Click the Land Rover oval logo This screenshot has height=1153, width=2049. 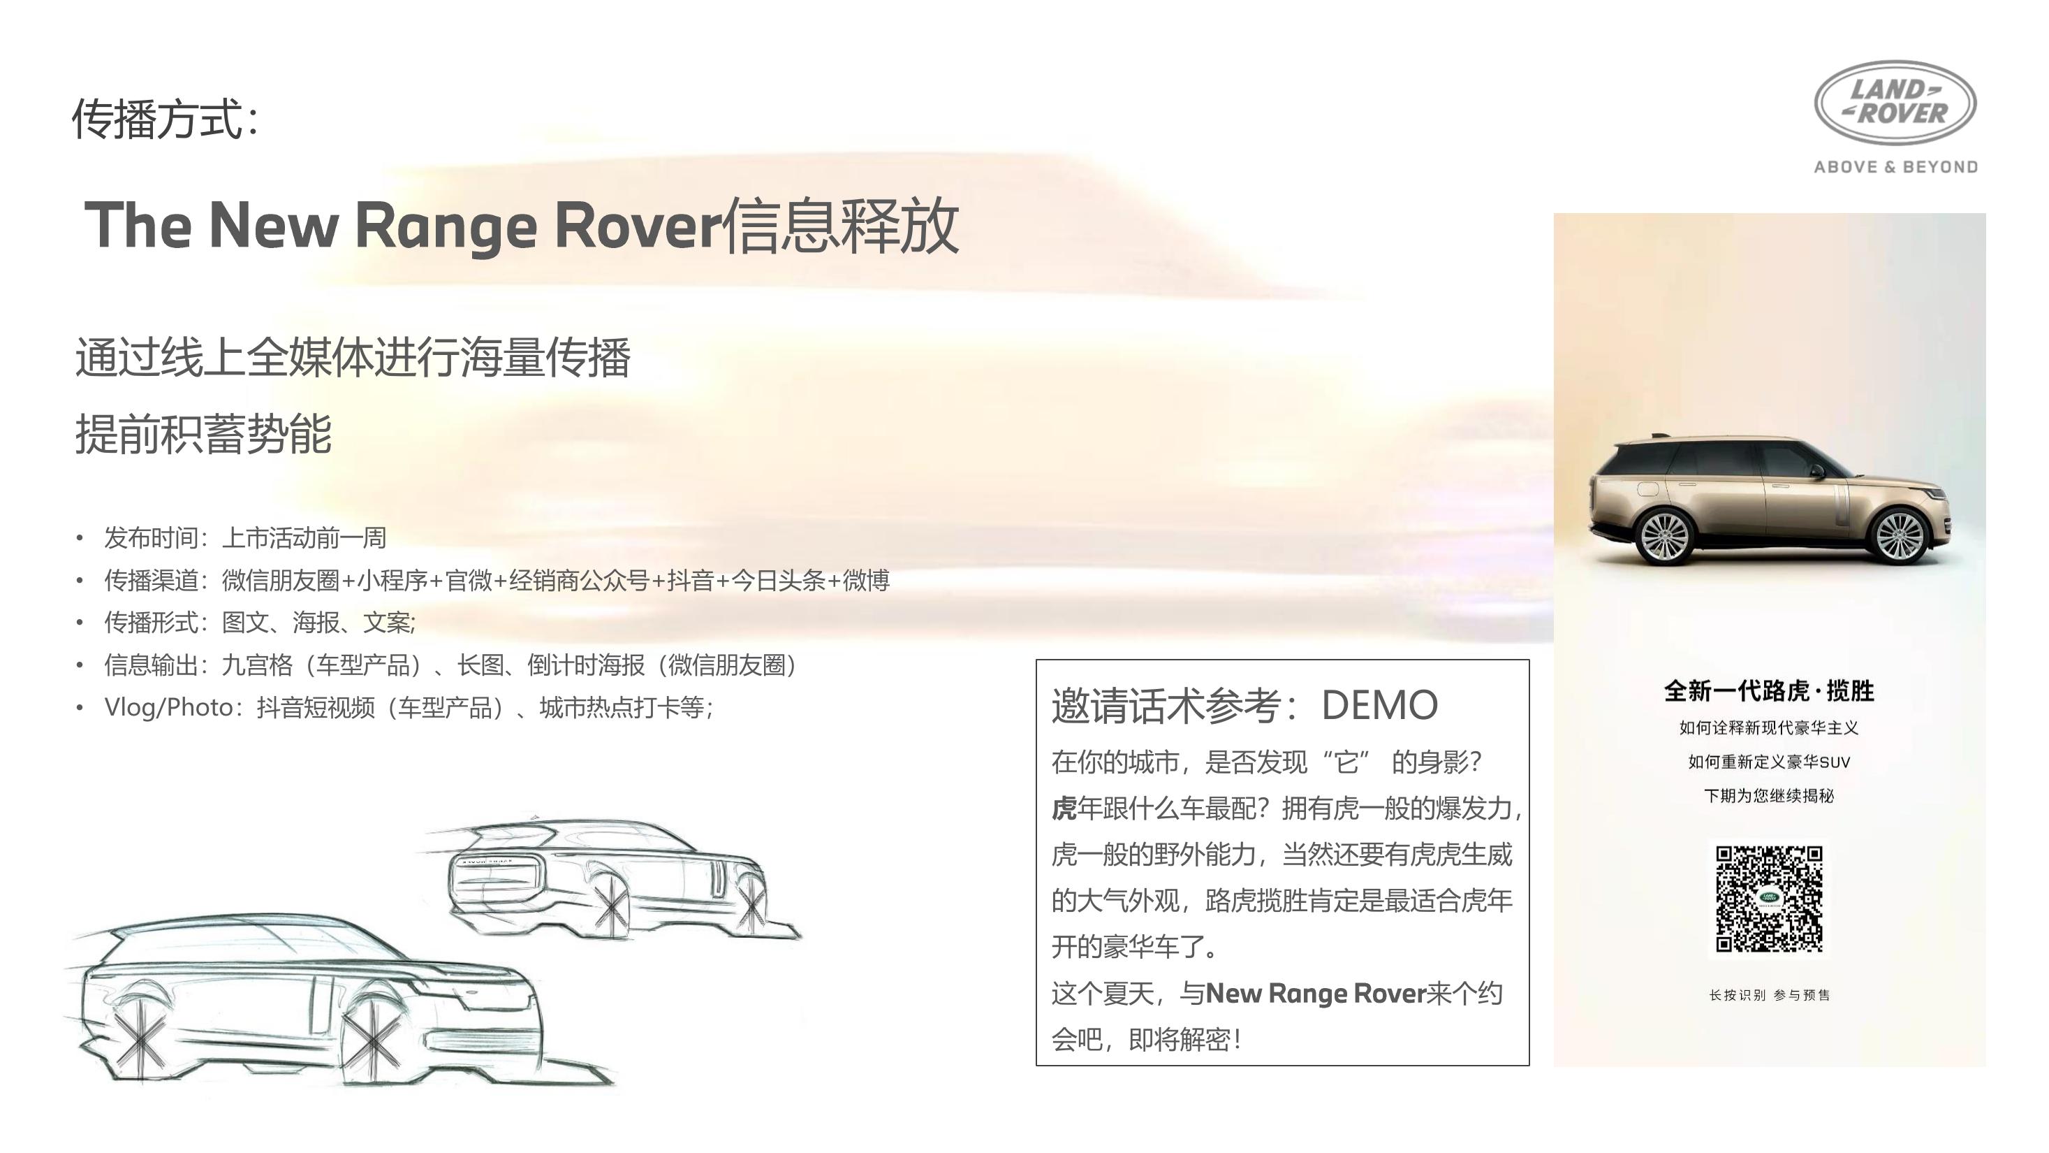tap(1895, 103)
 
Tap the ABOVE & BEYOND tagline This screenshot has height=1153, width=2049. tap(1895, 167)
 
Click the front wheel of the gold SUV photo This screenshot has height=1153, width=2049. tap(1899, 535)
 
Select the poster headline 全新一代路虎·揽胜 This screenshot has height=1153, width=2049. tap(1769, 690)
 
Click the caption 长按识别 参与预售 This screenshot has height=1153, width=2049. tap(1769, 994)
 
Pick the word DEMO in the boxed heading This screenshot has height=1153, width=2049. tap(1379, 705)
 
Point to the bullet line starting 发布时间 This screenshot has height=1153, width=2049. tap(245, 538)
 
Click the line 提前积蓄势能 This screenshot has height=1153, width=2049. tap(204, 435)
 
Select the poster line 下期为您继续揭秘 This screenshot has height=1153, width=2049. tap(1769, 796)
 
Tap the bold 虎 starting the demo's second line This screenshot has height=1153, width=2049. tap(1064, 808)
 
